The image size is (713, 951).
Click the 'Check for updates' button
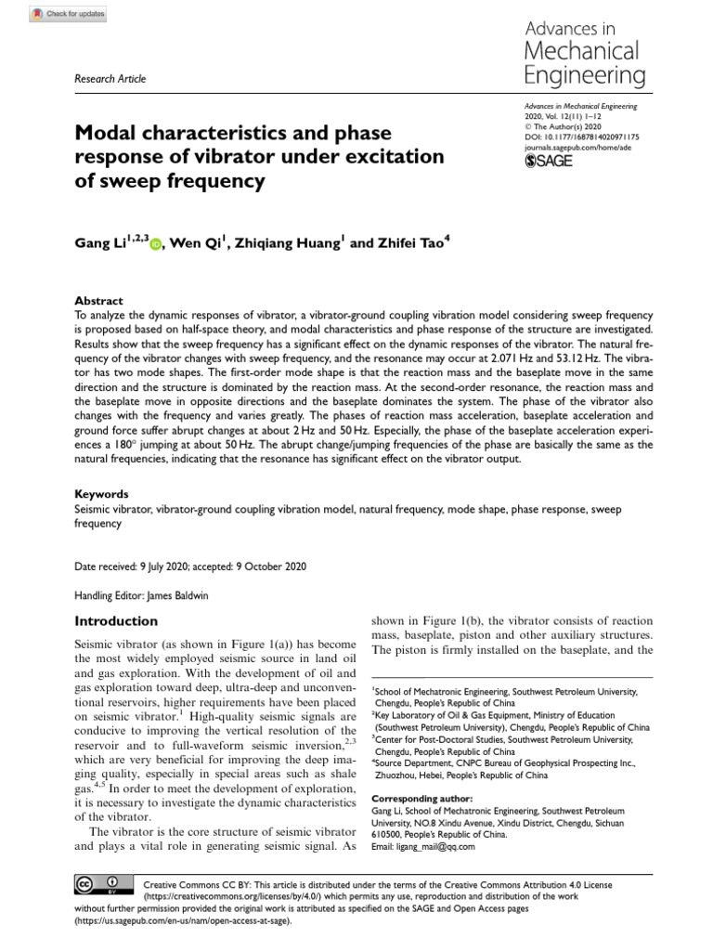click(68, 14)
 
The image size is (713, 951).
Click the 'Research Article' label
click(110, 79)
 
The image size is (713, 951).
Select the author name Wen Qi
click(198, 243)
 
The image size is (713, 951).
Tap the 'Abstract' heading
click(98, 301)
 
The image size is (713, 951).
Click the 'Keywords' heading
click(101, 494)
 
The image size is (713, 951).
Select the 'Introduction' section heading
click(116, 620)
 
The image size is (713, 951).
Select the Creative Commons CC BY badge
click(97, 885)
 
